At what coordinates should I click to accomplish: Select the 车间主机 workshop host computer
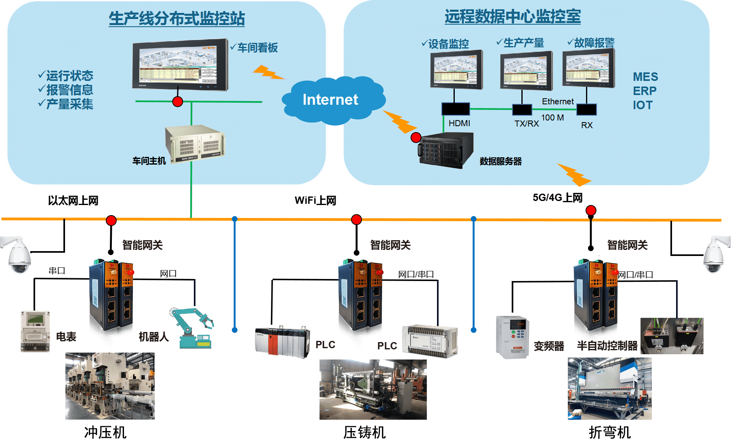tap(195, 144)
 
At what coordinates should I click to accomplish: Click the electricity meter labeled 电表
tap(36, 331)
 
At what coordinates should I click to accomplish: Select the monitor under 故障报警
tap(589, 68)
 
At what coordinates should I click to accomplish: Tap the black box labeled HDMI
tap(456, 109)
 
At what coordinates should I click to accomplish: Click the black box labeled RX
tap(586, 110)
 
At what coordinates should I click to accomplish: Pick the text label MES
tap(645, 77)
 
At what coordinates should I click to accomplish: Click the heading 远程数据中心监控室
tap(513, 17)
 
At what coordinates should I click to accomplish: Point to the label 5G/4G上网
tap(557, 198)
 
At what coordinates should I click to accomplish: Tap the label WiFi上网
tap(315, 201)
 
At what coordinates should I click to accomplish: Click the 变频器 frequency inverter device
tap(513, 337)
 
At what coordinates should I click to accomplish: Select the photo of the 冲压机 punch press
tap(110, 386)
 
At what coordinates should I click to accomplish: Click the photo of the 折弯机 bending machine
tap(609, 389)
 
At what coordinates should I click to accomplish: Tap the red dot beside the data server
tap(416, 138)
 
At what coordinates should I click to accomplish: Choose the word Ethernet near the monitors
tap(558, 101)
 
